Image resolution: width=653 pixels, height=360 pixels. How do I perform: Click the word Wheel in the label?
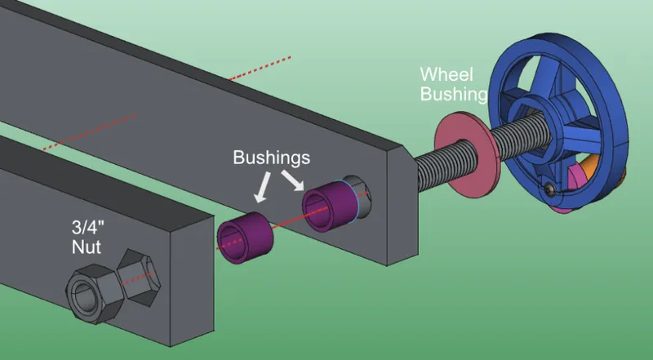[446, 74]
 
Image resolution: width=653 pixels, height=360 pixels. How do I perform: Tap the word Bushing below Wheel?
[454, 94]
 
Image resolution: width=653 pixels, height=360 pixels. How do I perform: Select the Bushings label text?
[272, 158]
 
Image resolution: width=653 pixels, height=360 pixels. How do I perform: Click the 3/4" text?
[87, 228]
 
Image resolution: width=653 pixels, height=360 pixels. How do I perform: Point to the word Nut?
[87, 247]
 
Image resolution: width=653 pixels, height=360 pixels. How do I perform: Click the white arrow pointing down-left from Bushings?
[262, 188]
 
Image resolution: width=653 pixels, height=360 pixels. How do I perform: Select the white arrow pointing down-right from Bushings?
[293, 180]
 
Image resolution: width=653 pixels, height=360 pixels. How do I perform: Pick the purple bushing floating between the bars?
[245, 237]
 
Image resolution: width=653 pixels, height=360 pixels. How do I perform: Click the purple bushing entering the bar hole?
[330, 206]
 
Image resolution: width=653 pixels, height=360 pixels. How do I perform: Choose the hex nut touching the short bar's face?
[139, 278]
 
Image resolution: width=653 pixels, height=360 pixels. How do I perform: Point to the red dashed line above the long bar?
[259, 68]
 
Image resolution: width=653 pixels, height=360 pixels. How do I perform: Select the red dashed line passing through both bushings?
[291, 221]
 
